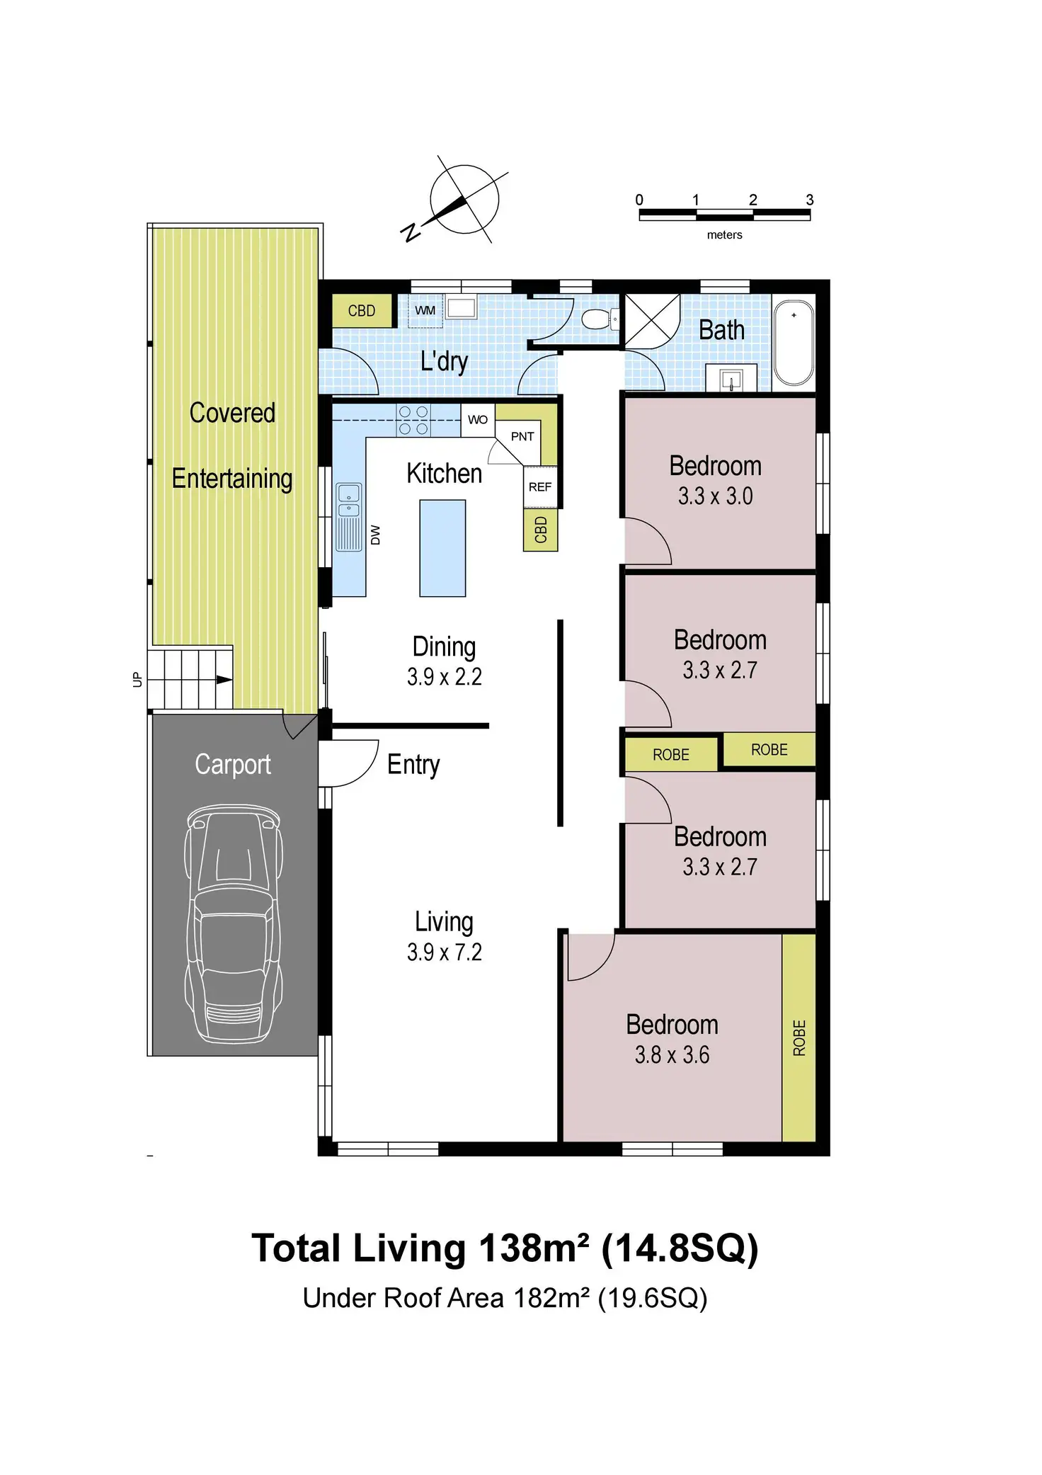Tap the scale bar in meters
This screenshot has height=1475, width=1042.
(724, 215)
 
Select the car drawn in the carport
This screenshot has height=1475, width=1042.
(233, 923)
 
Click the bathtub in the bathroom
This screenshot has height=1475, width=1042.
(794, 343)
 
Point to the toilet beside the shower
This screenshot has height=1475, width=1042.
(597, 318)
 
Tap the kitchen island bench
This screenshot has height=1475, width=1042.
(442, 548)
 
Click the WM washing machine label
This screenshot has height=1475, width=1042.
(425, 311)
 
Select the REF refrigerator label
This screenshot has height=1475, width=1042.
(540, 486)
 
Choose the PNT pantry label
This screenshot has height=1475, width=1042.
(522, 436)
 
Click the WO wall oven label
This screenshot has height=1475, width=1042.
(478, 419)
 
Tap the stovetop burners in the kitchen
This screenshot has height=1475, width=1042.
(413, 419)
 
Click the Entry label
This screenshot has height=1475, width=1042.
(413, 765)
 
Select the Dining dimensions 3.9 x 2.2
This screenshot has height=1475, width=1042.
(445, 677)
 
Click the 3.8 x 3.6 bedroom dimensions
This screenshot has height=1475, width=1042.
(672, 1055)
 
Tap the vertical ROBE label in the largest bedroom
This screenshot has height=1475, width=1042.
(799, 1038)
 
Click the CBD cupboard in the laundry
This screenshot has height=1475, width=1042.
(362, 311)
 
